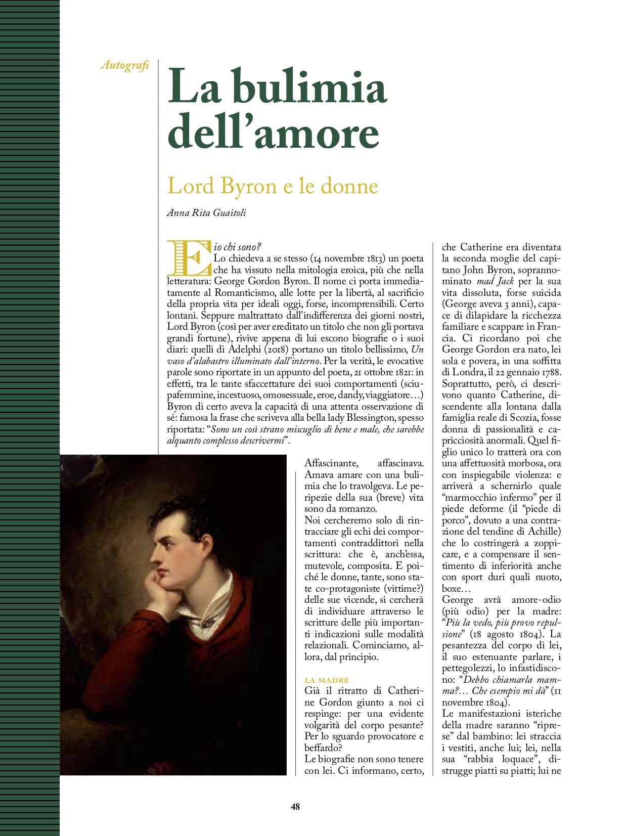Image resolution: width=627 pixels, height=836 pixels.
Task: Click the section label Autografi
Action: point(124,65)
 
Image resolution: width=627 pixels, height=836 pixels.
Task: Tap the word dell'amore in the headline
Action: point(273,133)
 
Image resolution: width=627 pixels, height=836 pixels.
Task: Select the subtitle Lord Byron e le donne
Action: point(273,186)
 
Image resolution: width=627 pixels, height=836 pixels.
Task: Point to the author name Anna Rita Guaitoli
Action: point(206,213)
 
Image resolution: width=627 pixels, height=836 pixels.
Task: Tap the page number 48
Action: point(295,807)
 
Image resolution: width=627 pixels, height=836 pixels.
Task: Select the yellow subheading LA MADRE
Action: point(327,680)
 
